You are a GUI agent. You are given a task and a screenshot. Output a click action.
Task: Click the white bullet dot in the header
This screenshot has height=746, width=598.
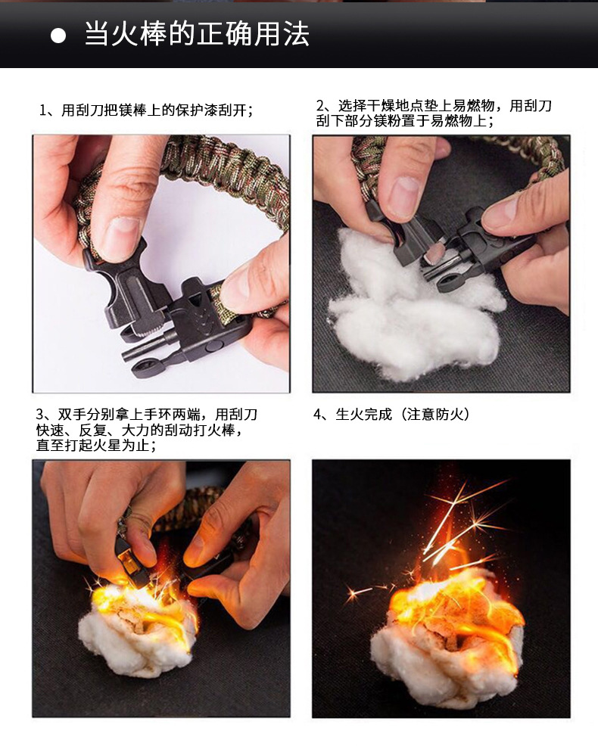pos(58,36)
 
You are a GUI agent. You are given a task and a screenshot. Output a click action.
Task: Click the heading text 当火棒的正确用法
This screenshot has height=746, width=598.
pos(196,35)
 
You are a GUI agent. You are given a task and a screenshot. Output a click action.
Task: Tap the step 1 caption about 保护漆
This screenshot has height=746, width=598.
pos(145,110)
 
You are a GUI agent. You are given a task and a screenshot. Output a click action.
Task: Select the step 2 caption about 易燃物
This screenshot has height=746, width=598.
pos(434,113)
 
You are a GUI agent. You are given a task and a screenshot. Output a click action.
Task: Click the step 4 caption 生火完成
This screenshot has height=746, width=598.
pos(364,414)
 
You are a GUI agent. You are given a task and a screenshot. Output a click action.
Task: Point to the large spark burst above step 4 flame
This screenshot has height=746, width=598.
pos(462,522)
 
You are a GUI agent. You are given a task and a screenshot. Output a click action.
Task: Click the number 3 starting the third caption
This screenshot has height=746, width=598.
pos(40,415)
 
